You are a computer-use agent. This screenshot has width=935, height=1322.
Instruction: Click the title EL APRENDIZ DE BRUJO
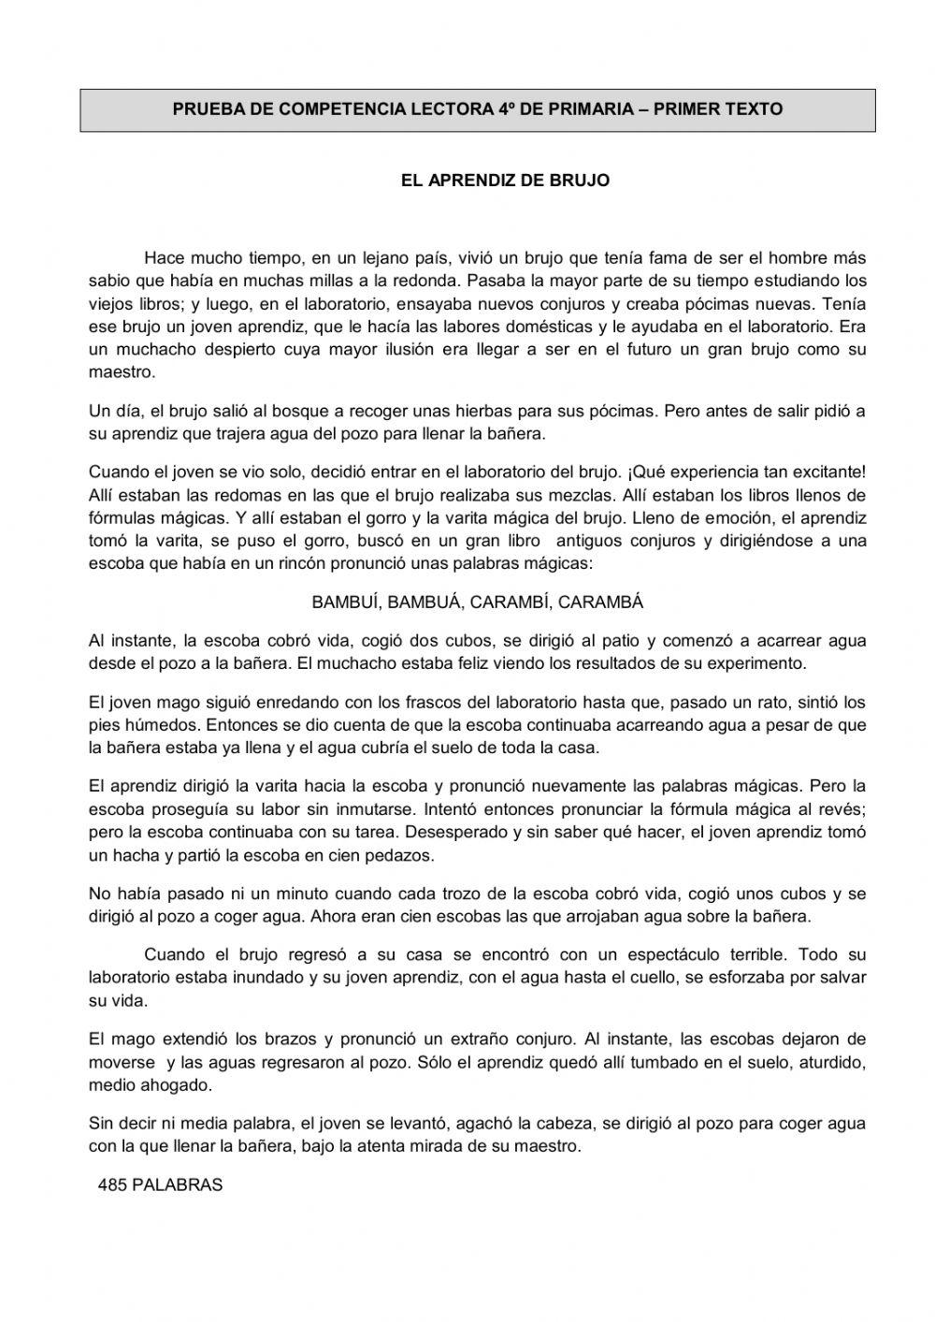click(505, 181)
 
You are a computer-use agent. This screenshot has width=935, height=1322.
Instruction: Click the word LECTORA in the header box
click(452, 109)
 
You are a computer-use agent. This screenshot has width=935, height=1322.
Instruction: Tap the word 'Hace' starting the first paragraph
click(165, 257)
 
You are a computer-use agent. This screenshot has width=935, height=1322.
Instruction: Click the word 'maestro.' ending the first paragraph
click(122, 371)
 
